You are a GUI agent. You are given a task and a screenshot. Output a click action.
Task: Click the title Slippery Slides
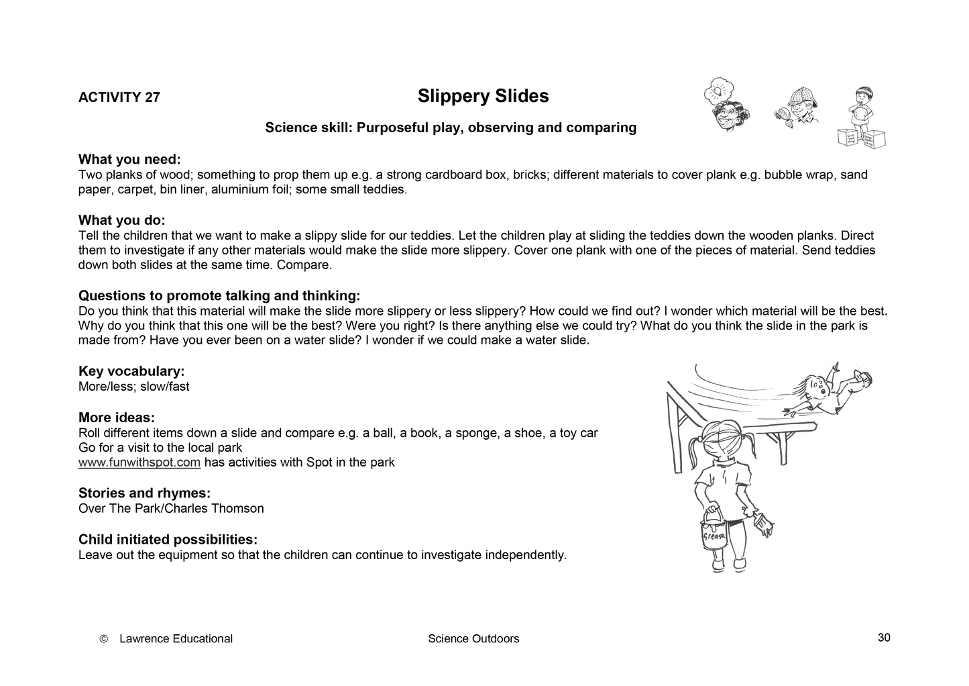click(483, 97)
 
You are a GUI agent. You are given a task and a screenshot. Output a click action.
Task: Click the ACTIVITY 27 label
click(119, 97)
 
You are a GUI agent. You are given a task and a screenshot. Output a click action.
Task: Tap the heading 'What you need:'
click(129, 160)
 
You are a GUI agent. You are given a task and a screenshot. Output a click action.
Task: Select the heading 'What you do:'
click(121, 221)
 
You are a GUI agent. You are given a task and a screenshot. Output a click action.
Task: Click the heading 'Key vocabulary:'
click(131, 371)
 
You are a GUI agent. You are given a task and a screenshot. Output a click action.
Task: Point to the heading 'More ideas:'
click(117, 418)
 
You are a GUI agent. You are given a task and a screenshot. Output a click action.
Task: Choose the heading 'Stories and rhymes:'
click(144, 493)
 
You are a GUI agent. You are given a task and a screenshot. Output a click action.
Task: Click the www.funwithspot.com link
click(139, 462)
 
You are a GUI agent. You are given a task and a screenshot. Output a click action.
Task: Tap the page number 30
click(884, 638)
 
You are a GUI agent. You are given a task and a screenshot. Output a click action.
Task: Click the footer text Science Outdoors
click(473, 639)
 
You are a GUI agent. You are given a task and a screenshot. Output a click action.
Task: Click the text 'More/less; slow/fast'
click(134, 387)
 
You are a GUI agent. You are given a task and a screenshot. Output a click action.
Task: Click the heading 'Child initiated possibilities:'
click(168, 540)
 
